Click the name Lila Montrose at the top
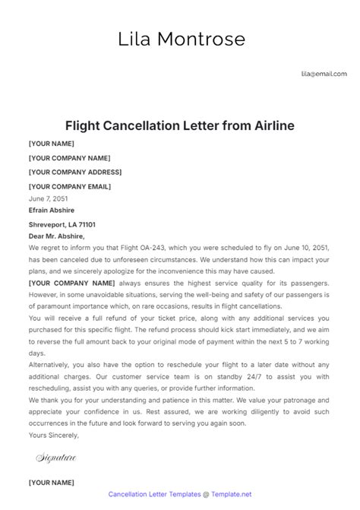click(x=180, y=39)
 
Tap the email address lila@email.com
click(x=324, y=74)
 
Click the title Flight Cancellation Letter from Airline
click(x=179, y=125)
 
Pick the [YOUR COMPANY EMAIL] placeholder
click(x=69, y=185)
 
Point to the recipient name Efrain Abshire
click(x=51, y=210)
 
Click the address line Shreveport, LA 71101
click(x=62, y=225)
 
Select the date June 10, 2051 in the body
click(x=303, y=248)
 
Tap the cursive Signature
click(x=56, y=458)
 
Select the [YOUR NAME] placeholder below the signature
click(x=52, y=482)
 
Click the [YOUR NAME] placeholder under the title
click(x=52, y=144)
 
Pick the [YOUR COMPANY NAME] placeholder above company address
click(x=69, y=158)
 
